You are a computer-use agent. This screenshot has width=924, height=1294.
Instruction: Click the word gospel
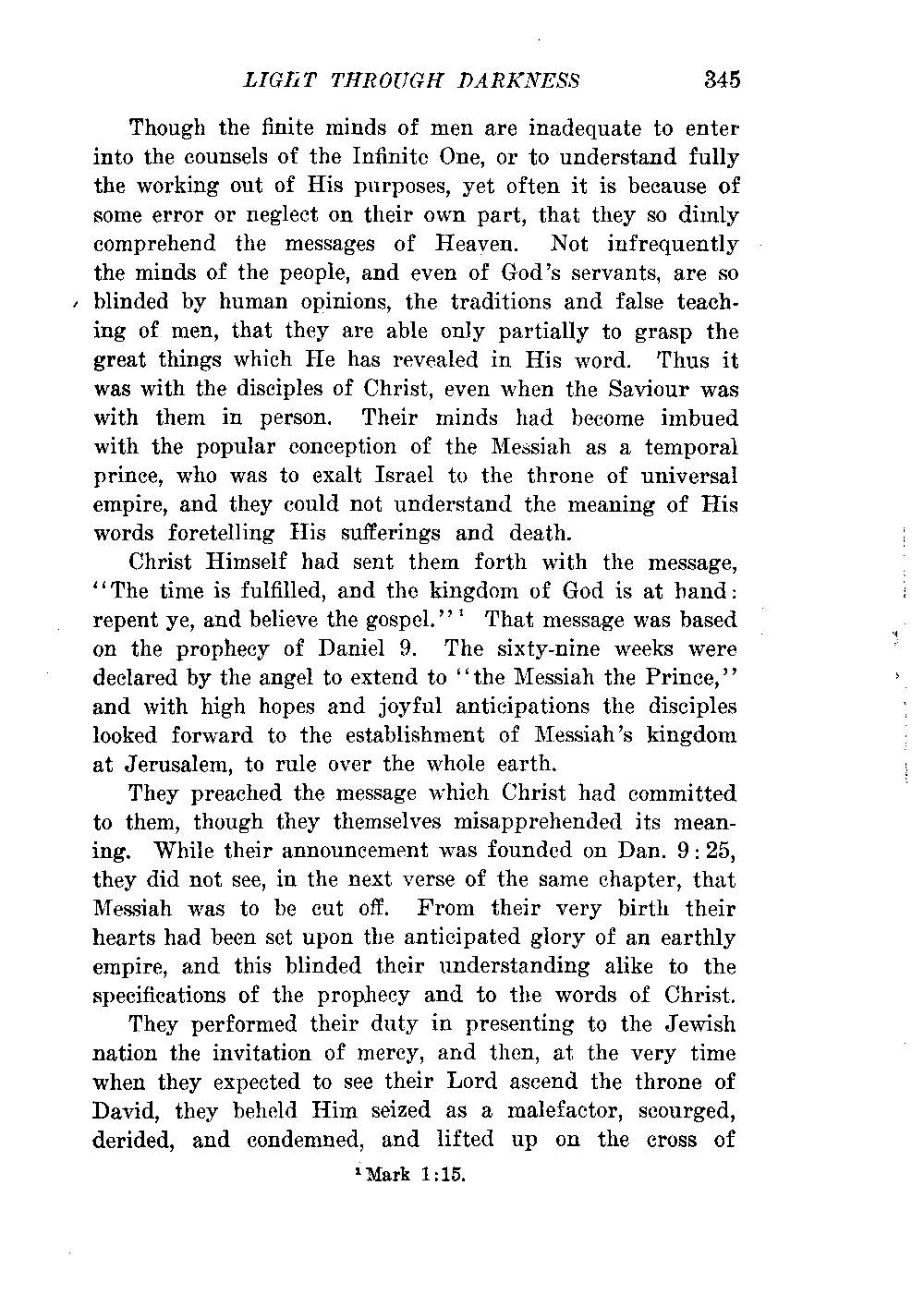click(x=414, y=620)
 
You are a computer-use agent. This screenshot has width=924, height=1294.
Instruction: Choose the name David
click(x=126, y=1110)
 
